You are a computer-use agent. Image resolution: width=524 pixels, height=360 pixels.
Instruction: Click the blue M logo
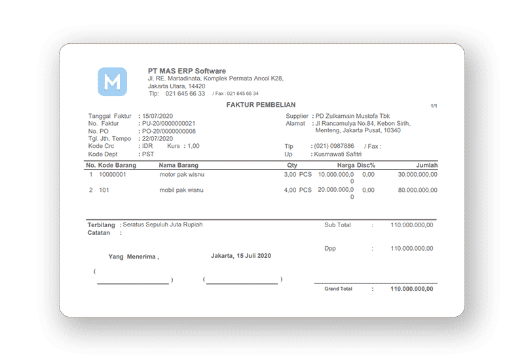112,82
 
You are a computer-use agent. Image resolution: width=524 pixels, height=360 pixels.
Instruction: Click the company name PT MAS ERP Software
187,71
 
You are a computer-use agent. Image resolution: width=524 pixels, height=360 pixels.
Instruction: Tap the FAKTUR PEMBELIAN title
261,105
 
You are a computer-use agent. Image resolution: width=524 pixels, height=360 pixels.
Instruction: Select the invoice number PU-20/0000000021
168,123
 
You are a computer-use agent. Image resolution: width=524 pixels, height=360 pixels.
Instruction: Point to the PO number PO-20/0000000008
168,131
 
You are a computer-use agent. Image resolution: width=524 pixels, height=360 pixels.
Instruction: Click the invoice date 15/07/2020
157,116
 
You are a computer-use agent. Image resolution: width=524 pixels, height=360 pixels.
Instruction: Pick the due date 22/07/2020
157,139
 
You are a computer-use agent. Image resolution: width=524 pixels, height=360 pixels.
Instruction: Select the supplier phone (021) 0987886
335,146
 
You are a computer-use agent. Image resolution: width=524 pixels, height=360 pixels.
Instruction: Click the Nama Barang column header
179,166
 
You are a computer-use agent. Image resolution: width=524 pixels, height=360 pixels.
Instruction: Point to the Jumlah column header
426,166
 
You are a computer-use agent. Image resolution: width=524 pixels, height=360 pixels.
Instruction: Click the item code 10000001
113,175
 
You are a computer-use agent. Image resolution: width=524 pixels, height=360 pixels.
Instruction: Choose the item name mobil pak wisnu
181,190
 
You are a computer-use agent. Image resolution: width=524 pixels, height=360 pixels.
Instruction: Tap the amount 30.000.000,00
417,175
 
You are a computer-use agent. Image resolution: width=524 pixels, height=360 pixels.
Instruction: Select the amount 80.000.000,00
417,190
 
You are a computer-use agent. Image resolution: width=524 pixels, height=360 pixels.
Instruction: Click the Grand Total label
338,289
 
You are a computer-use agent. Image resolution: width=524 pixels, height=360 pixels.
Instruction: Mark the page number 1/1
434,106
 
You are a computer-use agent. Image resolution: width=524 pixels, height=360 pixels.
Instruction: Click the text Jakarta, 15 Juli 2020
241,255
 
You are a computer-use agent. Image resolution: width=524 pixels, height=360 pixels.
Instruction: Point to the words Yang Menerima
133,257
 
